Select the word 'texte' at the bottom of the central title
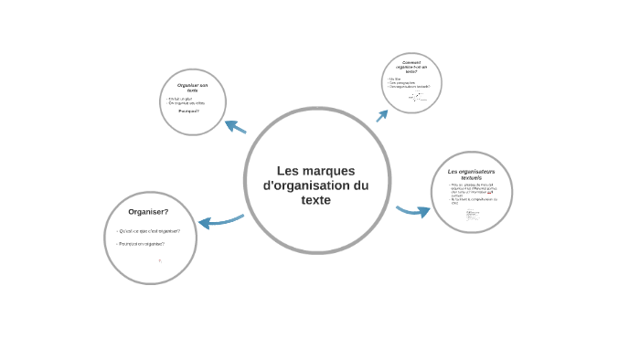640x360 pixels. coord(316,200)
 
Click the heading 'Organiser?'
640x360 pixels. coord(148,211)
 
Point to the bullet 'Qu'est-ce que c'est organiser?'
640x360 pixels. coord(149,230)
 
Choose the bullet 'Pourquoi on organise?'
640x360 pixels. coord(142,244)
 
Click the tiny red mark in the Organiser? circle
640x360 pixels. coord(160,260)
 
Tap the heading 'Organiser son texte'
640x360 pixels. coord(192,88)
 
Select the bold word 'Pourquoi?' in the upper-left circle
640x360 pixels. coord(189,111)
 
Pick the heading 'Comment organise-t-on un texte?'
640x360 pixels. coord(411,66)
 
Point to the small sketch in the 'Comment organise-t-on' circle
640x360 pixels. coord(415,96)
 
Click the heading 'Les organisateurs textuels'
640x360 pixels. coord(471,174)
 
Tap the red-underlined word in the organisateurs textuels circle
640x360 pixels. coord(490,193)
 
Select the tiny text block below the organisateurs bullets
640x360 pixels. coord(473,216)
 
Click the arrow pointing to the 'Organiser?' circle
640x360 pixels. coord(219,221)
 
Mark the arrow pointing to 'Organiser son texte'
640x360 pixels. coord(235,127)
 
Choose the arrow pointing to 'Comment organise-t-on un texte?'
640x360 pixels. coord(381,116)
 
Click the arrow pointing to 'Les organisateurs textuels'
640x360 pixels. coord(413,212)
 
